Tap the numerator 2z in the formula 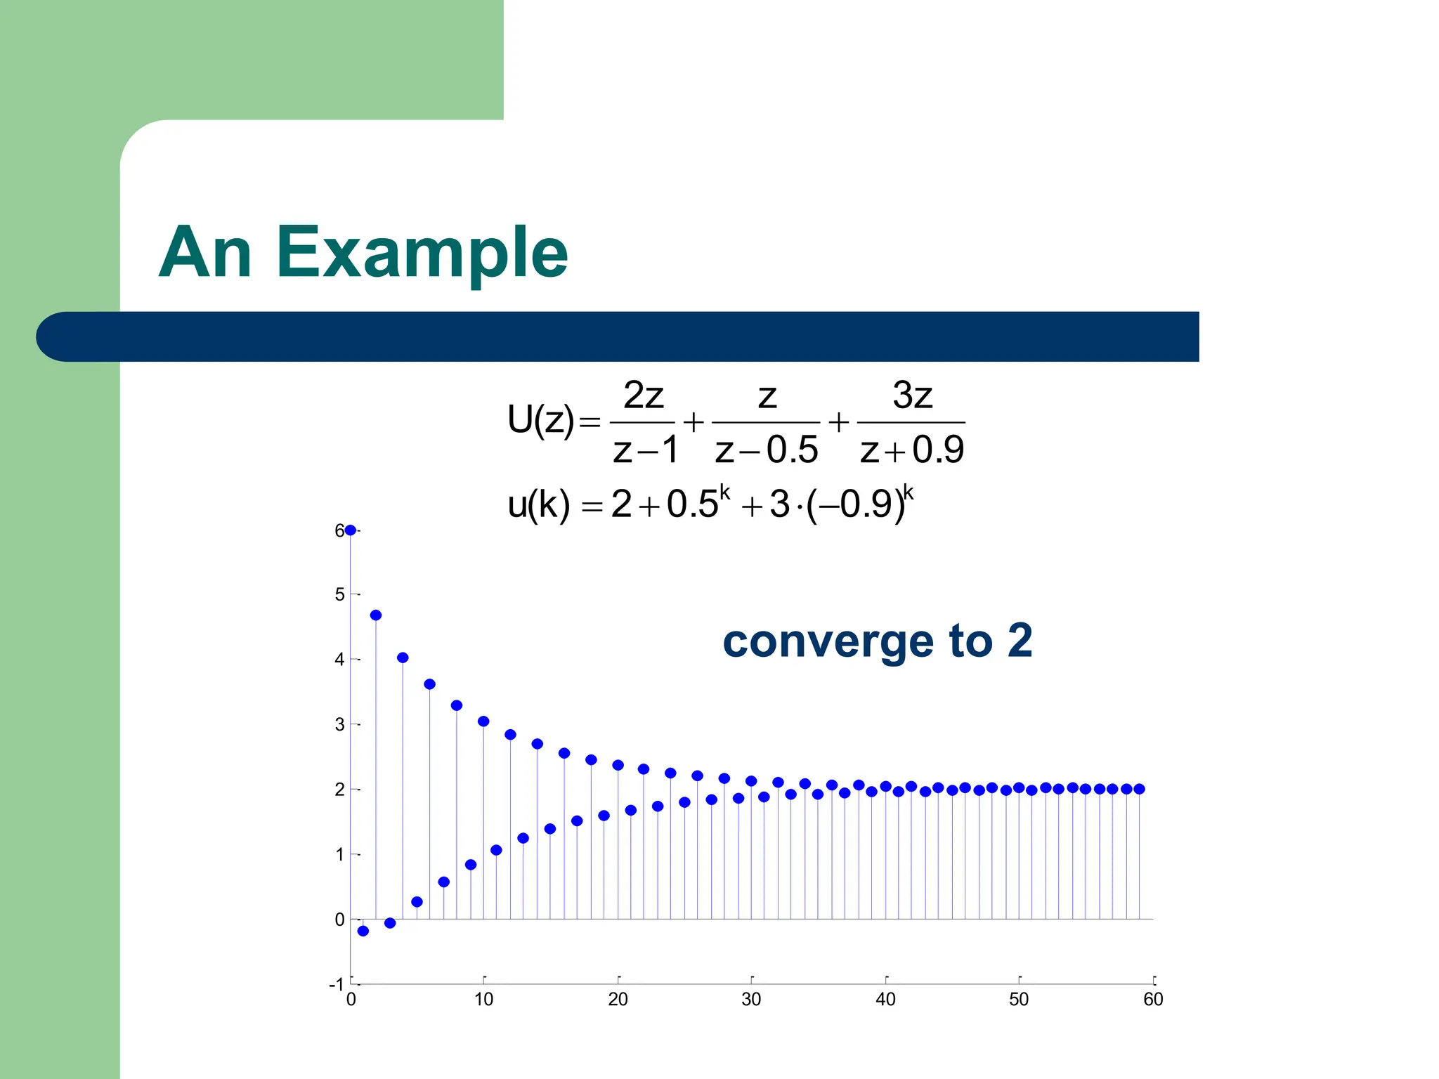643,395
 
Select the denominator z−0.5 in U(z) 766,450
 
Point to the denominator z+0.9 912,450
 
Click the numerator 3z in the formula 912,395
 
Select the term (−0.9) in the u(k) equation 856,504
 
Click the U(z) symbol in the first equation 540,420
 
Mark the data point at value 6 350,530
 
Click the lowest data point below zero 363,931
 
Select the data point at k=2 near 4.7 376,615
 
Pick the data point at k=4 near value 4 403,658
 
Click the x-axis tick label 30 751,1000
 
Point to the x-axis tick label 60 1153,1000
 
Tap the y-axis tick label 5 340,595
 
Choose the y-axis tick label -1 337,985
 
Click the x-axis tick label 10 483,1000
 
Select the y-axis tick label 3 340,725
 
